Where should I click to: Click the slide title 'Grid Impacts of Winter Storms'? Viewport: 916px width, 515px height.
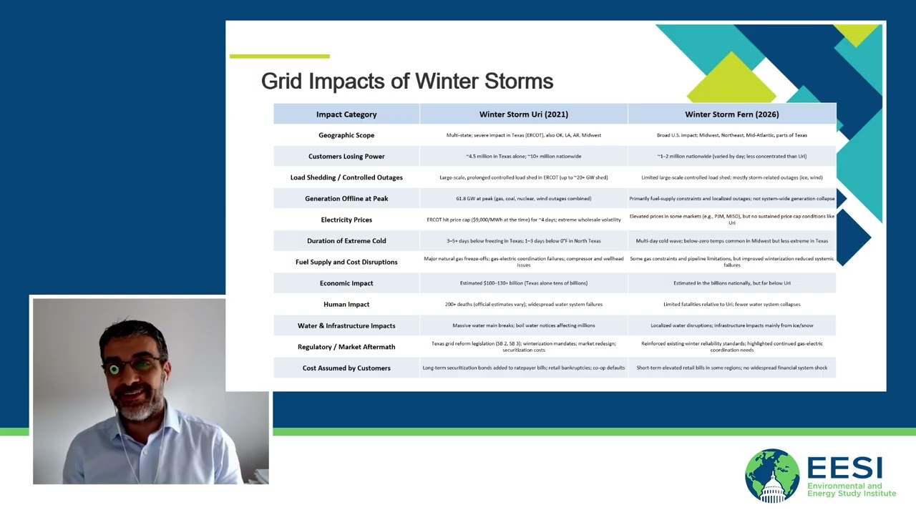(406, 82)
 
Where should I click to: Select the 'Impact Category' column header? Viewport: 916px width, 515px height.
(346, 114)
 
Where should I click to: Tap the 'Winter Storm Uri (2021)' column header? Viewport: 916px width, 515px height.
(523, 114)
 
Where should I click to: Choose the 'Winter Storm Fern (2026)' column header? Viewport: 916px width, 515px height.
(731, 114)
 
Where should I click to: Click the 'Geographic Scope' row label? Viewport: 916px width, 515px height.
(346, 135)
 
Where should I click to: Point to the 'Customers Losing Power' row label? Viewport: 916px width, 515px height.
(346, 157)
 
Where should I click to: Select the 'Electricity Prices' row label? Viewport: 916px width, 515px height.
(346, 220)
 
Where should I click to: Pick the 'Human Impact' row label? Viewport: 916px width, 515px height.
(346, 305)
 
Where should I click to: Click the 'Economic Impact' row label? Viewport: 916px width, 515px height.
(346, 283)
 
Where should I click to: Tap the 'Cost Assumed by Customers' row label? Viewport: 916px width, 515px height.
(346, 368)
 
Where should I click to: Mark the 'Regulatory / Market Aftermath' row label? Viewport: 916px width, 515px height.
(346, 347)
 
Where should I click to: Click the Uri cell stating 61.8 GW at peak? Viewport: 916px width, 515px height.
(523, 199)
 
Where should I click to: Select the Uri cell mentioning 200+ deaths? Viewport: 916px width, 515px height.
(523, 305)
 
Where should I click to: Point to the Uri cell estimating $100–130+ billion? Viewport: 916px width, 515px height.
(523, 283)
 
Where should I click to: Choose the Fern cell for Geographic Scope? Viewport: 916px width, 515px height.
(731, 135)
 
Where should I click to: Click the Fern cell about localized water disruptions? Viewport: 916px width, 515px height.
(731, 325)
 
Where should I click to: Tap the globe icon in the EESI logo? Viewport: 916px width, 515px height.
(771, 476)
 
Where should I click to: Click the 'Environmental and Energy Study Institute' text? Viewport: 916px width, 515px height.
(851, 490)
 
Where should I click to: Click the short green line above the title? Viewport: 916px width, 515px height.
(279, 56)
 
